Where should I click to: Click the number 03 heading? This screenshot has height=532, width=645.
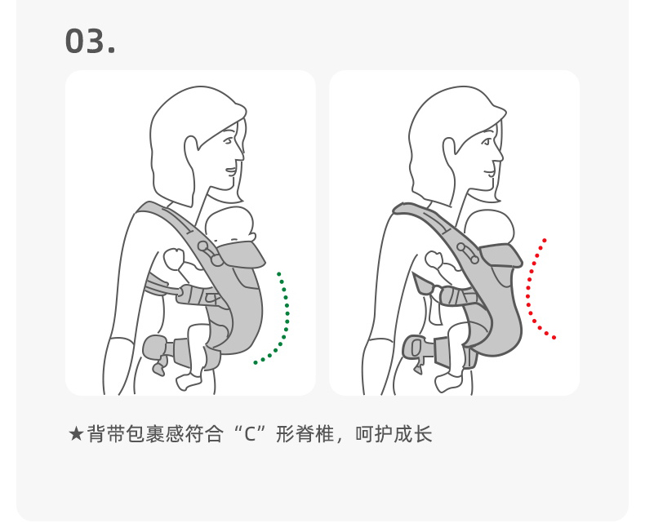tap(90, 41)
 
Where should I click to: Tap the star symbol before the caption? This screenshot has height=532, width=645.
tap(77, 434)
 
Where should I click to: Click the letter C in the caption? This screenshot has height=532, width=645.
tap(250, 435)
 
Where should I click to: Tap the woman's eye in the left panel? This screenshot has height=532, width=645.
tap(229, 142)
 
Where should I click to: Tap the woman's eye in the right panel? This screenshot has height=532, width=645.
tap(487, 142)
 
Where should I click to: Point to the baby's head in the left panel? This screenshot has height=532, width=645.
tap(229, 225)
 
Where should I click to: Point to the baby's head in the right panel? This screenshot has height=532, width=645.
tap(490, 228)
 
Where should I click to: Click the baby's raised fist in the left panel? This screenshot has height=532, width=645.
tap(174, 258)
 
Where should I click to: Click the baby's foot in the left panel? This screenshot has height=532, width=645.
tap(188, 382)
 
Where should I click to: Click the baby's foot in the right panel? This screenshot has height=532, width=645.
tap(447, 383)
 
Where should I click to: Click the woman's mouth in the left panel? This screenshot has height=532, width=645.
tap(231, 171)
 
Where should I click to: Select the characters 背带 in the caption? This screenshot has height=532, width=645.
tap(105, 434)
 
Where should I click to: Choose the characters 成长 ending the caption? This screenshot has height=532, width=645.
tap(413, 434)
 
